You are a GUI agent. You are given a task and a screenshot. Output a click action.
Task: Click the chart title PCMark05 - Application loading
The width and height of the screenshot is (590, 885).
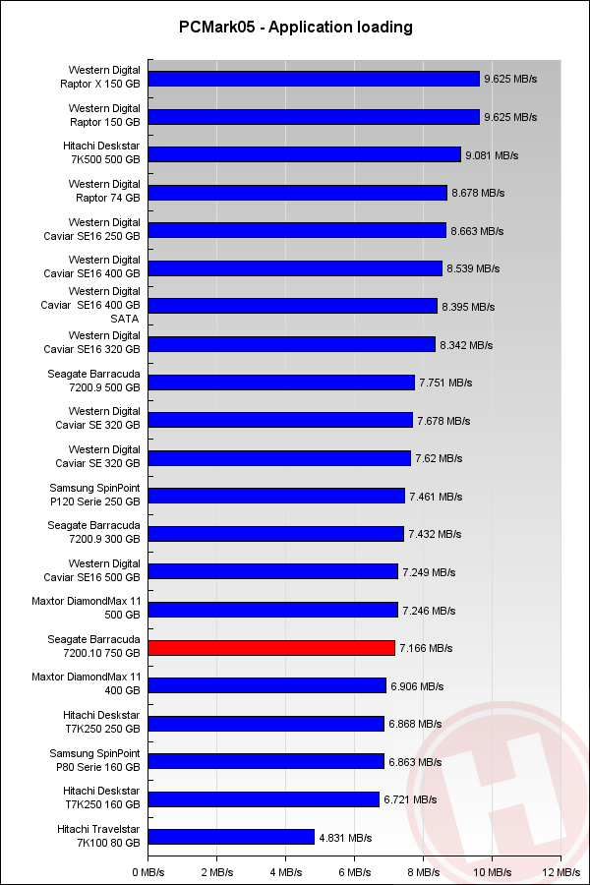click(295, 27)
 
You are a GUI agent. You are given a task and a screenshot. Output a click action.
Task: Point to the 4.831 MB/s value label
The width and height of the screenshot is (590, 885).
click(345, 838)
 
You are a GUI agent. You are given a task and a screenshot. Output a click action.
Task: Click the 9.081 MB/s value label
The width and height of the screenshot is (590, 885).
click(492, 154)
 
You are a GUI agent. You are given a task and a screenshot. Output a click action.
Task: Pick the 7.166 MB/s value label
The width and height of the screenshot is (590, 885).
click(426, 648)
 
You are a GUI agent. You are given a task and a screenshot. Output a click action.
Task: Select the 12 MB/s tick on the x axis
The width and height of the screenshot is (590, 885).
click(561, 871)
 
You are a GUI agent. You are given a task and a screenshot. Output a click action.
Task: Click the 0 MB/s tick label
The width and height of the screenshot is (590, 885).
click(147, 871)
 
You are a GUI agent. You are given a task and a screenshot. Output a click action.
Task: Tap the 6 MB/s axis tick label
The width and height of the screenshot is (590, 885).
click(355, 871)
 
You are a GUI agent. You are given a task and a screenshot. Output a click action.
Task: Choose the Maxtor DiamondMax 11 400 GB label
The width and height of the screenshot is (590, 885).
click(99, 684)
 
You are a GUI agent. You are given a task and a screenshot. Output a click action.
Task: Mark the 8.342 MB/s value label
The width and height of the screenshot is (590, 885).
click(466, 344)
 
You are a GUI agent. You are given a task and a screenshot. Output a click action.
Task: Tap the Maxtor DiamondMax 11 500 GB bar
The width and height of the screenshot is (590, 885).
click(272, 610)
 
